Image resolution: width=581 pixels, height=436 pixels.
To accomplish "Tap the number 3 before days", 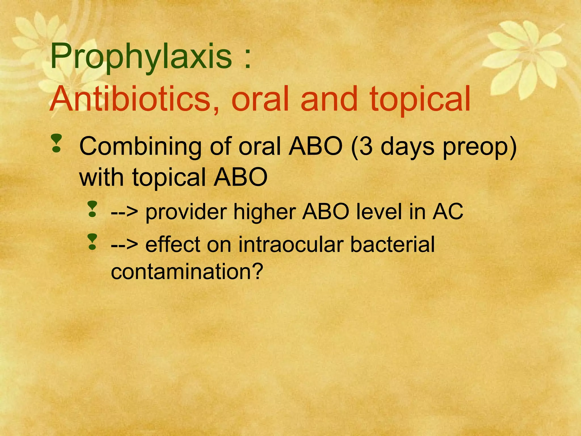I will [x=366, y=146].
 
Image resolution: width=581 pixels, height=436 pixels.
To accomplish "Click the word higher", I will [x=267, y=212].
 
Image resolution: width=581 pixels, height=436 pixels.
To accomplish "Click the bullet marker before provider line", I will [x=92, y=209].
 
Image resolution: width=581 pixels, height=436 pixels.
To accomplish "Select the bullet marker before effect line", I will [x=92, y=242].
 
